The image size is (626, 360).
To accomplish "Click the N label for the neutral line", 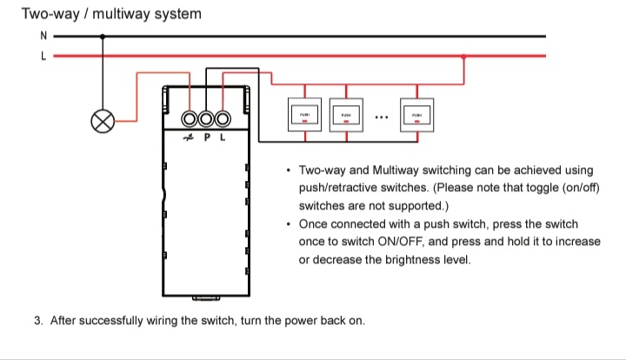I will pos(43,37).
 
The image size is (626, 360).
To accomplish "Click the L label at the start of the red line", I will pos(43,55).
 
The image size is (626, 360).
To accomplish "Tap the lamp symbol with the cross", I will pos(103,122).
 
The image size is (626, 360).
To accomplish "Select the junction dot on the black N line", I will pos(103,37).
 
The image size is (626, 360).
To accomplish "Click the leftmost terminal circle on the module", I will pos(190,119).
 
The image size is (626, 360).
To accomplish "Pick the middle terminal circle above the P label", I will pos(207,119).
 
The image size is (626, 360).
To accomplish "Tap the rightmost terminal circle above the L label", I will pos(223,119).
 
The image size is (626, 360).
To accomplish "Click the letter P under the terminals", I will pos(207,137).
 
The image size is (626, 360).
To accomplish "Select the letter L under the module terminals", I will pos(223,137).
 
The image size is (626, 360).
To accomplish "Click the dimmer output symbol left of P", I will pos(189,137).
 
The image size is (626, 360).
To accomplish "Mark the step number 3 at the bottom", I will pos(38,320).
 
